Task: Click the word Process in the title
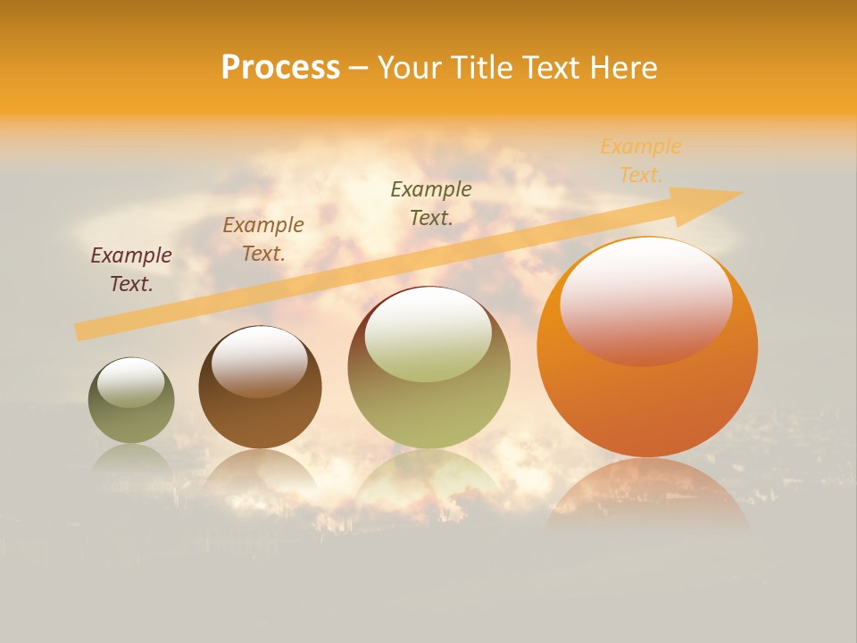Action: [x=280, y=68]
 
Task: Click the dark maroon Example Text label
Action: [x=131, y=270]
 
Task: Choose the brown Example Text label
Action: [x=263, y=239]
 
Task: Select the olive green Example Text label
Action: [x=431, y=204]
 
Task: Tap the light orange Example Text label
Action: [x=641, y=161]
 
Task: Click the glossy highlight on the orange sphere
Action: [x=646, y=300]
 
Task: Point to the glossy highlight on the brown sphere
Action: [x=260, y=361]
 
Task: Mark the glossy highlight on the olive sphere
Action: [x=428, y=335]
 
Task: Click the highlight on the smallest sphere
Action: [x=131, y=383]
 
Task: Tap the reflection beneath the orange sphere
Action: [x=647, y=491]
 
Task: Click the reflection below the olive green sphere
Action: [x=428, y=478]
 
